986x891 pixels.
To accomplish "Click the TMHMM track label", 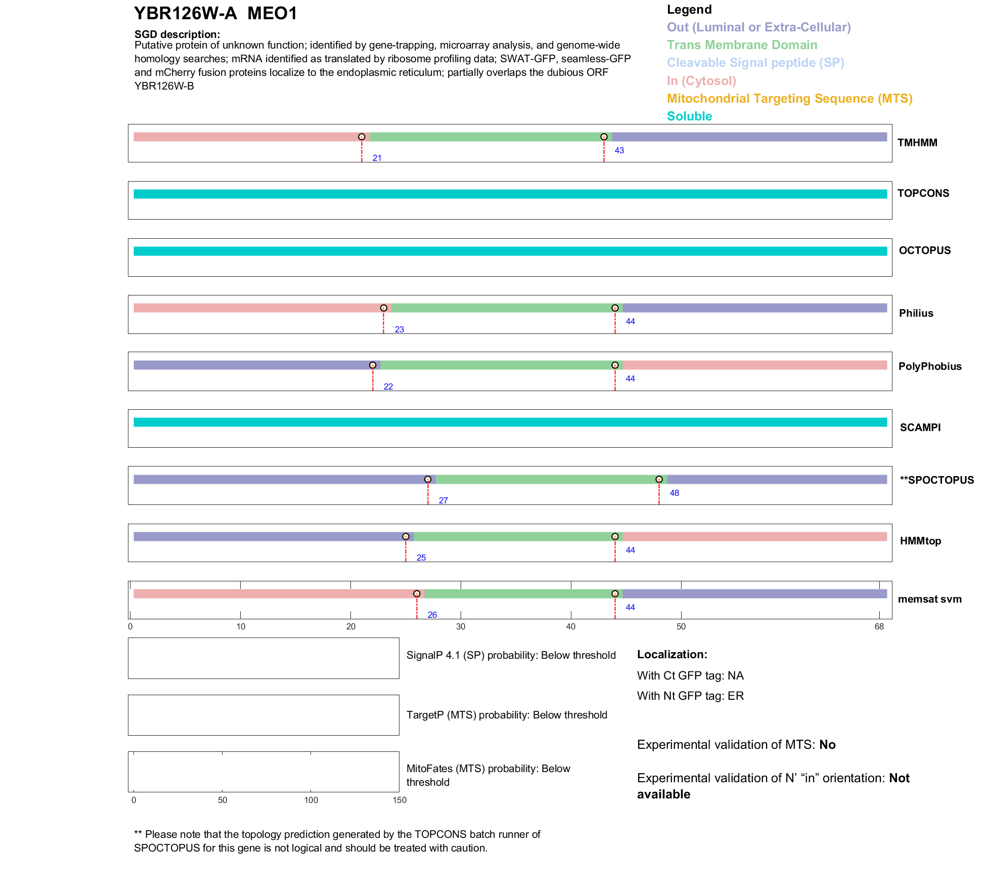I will click(917, 143).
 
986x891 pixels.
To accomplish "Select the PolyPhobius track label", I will click(929, 366).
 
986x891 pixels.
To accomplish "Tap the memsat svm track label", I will click(929, 599).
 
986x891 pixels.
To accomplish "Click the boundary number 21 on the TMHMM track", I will click(377, 158).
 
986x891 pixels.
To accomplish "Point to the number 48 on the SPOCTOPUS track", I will click(674, 493).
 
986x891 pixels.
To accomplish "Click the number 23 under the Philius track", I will click(399, 329).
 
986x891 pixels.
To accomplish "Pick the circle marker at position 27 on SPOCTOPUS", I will click(428, 479).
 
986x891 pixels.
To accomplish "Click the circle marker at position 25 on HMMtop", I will click(406, 536).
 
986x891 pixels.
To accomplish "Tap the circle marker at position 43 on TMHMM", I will click(604, 137).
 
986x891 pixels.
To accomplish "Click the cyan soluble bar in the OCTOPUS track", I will click(510, 251).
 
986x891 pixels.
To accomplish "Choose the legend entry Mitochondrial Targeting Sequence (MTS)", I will click(789, 99).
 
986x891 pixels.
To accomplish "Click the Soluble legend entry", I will click(689, 116).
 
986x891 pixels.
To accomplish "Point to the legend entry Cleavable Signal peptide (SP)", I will click(755, 63).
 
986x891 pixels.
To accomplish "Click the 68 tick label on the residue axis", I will click(879, 627).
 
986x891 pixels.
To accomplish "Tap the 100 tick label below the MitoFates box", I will click(311, 800).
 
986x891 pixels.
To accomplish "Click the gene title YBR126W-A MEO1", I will click(215, 14).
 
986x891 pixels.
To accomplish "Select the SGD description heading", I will click(177, 34).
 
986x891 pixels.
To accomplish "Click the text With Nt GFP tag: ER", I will click(690, 696).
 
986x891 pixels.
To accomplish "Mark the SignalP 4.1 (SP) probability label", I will click(511, 655).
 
